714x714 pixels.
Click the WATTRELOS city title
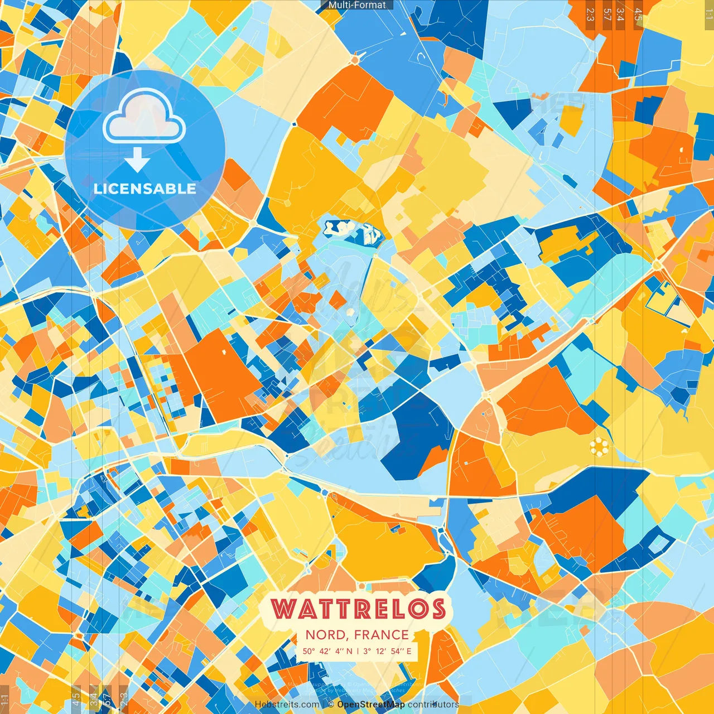pos(358,609)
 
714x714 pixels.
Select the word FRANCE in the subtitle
pos(382,635)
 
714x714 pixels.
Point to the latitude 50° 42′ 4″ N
pos(327,651)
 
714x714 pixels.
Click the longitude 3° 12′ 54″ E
pos(387,651)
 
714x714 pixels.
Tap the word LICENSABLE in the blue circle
pos(145,189)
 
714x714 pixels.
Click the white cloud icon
pos(144,116)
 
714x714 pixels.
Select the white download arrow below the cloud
pos(137,161)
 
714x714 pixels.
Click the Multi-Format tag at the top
pos(357,5)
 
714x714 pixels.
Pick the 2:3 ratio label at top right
pos(590,14)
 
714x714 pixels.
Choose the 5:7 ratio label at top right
pos(607,14)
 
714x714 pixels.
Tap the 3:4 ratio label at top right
pos(620,14)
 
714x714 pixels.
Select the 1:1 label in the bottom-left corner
pos(4,701)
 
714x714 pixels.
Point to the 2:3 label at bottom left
pos(124,699)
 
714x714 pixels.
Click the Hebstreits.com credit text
pos(287,705)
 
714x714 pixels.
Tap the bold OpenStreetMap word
pos(371,705)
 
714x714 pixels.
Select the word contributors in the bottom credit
pos(433,705)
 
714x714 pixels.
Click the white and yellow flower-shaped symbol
pos(599,446)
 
